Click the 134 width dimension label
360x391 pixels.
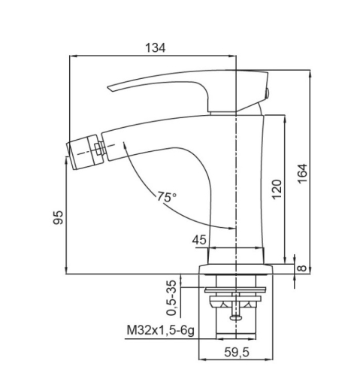(x=156, y=47)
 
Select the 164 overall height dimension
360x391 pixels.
(x=302, y=174)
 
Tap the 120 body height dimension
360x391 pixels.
(x=277, y=189)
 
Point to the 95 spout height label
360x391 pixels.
(x=59, y=217)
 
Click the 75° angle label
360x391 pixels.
(x=167, y=197)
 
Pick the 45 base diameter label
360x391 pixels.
(x=199, y=240)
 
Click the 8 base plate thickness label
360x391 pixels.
(x=302, y=268)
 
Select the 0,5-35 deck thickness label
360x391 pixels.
(x=172, y=298)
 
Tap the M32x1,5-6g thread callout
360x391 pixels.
(x=160, y=330)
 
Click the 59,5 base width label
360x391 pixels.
(x=237, y=353)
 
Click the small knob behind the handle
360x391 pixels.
(x=268, y=93)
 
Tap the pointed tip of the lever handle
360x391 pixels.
(x=108, y=87)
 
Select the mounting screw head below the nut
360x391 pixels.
(x=236, y=317)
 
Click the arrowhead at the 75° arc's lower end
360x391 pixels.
(x=231, y=228)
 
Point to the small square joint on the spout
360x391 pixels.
(x=99, y=148)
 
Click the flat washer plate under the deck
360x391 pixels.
(x=235, y=290)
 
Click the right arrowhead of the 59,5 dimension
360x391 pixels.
(x=269, y=359)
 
